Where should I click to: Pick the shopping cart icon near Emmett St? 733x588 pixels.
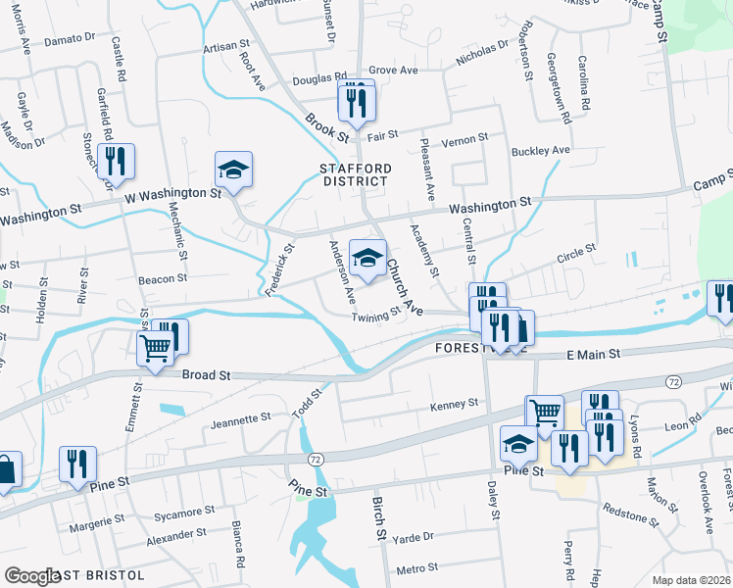156,349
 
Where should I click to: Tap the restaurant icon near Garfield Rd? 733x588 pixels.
117,163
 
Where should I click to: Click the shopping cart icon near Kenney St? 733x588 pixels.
545,414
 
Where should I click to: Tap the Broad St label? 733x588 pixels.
205,375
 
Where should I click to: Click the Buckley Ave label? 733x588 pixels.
540,151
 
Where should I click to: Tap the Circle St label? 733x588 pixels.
575,253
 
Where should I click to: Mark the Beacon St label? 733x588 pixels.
162,279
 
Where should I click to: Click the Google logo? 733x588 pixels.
31,576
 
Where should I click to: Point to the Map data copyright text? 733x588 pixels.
692,579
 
